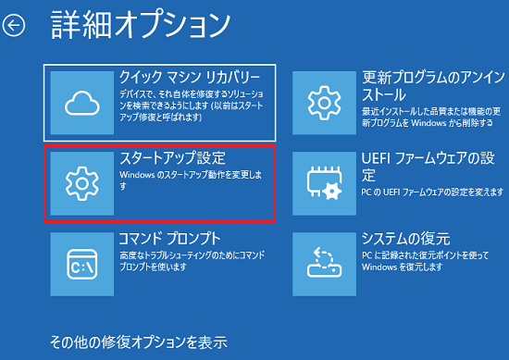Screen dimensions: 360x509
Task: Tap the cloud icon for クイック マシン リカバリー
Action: pos(81,104)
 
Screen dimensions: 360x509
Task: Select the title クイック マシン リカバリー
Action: pos(195,76)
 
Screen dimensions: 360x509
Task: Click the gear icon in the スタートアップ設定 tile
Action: pos(81,183)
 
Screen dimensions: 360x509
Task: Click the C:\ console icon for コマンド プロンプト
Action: pos(81,263)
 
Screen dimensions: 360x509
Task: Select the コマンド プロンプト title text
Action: pos(169,238)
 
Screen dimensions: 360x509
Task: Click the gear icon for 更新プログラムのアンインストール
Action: pos(325,101)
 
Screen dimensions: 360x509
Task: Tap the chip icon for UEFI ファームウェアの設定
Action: pos(325,182)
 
